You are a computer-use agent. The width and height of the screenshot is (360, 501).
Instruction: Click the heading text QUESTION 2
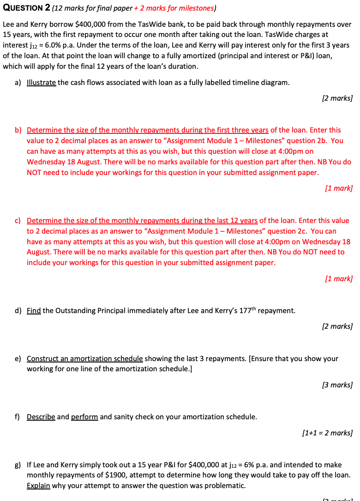coord(26,8)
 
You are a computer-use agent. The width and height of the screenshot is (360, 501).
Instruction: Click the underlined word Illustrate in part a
coord(42,83)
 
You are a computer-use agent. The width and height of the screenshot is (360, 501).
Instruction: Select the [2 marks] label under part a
coord(337,98)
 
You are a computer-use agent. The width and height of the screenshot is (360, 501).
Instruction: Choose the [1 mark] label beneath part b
coord(339,188)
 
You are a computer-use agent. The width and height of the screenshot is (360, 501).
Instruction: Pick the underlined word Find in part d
coord(34,311)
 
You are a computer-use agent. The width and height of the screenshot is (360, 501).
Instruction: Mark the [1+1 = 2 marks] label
coord(327,433)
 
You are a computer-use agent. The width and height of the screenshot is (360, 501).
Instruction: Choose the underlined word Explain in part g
coord(38,486)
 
